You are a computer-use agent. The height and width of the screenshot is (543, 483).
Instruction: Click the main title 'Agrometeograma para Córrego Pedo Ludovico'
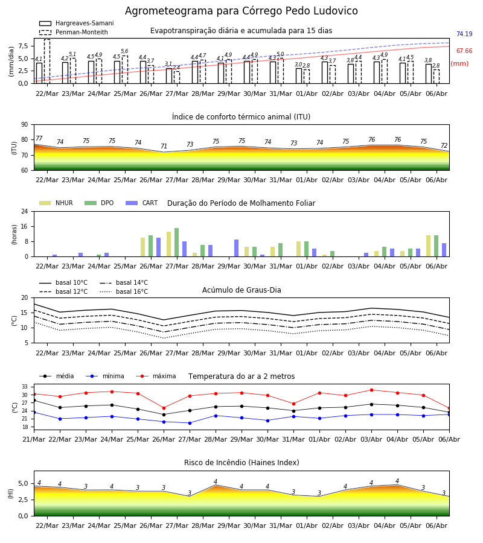click(241, 11)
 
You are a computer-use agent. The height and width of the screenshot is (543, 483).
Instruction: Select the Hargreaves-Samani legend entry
click(76, 23)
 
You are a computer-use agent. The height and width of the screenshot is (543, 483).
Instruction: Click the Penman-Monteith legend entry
click(74, 32)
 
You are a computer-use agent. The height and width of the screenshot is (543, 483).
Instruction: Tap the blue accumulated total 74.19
click(464, 34)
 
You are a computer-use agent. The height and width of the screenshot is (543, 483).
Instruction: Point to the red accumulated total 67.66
click(464, 51)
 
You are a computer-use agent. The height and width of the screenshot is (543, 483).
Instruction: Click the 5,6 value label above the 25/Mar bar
click(124, 51)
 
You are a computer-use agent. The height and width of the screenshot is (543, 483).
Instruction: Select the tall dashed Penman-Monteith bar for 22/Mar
click(47, 62)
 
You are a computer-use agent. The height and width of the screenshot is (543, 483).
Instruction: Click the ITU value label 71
click(164, 146)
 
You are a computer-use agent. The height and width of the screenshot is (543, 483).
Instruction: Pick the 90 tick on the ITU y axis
click(25, 125)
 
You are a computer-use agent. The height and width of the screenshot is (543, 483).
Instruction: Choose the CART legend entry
click(141, 203)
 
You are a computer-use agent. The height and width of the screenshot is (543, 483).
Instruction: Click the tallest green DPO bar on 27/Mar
click(177, 243)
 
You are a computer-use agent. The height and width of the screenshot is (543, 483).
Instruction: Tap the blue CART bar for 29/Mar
click(236, 248)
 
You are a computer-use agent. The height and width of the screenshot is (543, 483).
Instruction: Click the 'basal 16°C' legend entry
click(124, 291)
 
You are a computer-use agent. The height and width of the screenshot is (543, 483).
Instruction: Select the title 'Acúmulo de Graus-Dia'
click(241, 290)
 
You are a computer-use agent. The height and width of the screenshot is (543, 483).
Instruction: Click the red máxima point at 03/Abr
click(372, 390)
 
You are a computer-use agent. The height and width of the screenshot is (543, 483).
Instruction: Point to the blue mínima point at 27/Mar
click(190, 423)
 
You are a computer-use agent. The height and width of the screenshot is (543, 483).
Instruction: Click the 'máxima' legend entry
click(156, 376)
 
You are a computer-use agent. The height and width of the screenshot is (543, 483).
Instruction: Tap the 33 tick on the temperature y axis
click(25, 387)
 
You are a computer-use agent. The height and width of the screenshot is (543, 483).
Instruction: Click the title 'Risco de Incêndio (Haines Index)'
click(241, 462)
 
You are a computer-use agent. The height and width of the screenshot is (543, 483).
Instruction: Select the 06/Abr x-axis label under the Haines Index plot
click(437, 526)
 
